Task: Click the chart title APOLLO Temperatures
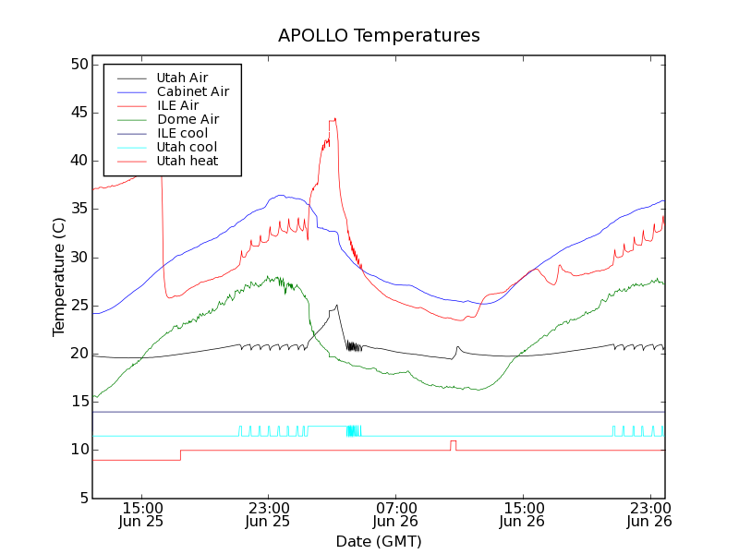[x=379, y=36]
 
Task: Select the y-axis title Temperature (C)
[x=58, y=277]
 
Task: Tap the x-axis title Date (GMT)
[x=378, y=541]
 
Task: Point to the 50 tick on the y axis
[x=78, y=65]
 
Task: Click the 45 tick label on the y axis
[x=78, y=113]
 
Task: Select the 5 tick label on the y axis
[x=81, y=498]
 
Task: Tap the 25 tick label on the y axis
[x=78, y=306]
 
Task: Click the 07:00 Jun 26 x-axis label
[x=395, y=514]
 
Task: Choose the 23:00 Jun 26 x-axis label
[x=649, y=514]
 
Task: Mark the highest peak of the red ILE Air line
[x=334, y=118]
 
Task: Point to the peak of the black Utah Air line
[x=337, y=305]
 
